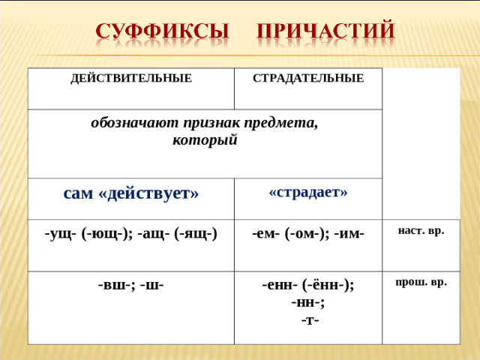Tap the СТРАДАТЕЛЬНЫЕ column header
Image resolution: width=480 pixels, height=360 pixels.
point(308,78)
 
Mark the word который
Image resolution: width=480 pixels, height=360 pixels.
point(205,140)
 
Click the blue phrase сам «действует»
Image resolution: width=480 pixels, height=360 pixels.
point(130,193)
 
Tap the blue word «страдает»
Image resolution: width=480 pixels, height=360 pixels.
point(308,191)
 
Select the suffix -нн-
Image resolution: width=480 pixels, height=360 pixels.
point(308,302)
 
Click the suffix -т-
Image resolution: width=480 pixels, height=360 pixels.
point(308,319)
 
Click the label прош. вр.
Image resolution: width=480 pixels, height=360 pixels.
point(421,282)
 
